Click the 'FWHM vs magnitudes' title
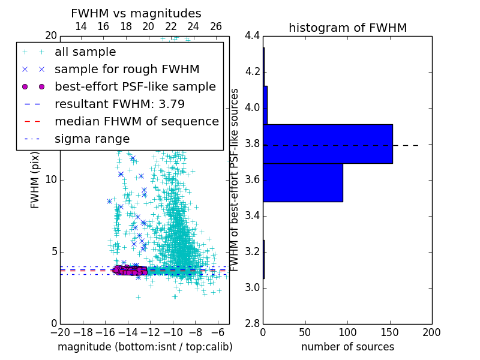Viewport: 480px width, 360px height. (x=136, y=13)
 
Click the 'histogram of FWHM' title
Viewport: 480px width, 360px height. (x=347, y=28)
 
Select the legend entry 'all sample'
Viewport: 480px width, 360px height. (x=85, y=52)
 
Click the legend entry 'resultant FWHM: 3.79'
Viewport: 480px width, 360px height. (x=119, y=104)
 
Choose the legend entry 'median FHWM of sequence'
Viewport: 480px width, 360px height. (x=136, y=121)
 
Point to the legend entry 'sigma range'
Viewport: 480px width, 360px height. (x=92, y=139)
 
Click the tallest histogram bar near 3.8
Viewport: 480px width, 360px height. (x=328, y=143)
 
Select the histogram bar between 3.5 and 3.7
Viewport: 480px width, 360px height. (x=303, y=182)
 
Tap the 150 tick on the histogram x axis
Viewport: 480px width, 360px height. (x=389, y=332)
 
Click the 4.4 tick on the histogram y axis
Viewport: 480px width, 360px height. (x=253, y=36)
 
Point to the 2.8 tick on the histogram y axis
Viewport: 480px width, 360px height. (x=253, y=324)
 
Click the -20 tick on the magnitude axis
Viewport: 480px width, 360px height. (x=60, y=332)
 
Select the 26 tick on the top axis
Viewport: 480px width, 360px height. (x=216, y=26)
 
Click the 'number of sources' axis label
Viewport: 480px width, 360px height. (x=347, y=347)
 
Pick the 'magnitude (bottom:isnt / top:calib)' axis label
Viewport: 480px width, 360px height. (x=145, y=347)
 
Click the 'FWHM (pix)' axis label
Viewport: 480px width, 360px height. (x=35, y=179)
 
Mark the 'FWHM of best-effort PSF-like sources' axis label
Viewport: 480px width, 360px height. (x=235, y=179)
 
